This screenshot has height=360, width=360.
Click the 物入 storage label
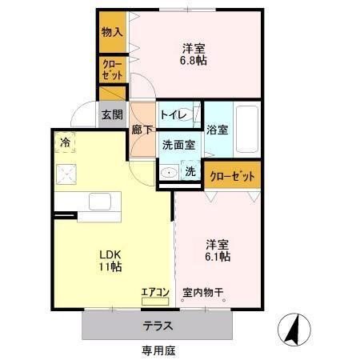point(112,32)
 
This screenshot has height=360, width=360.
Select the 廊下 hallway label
point(142,129)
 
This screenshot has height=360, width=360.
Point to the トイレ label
point(174,115)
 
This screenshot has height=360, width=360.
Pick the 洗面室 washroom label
point(178,145)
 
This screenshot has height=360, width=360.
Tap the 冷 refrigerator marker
point(64,142)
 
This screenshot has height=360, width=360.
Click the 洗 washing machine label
point(190,171)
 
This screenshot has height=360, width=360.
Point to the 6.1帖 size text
point(217,257)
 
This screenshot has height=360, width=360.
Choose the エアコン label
point(154,291)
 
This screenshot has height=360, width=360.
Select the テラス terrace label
point(159,326)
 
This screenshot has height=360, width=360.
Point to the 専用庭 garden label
point(159,350)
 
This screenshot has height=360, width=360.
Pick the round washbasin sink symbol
point(169,173)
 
